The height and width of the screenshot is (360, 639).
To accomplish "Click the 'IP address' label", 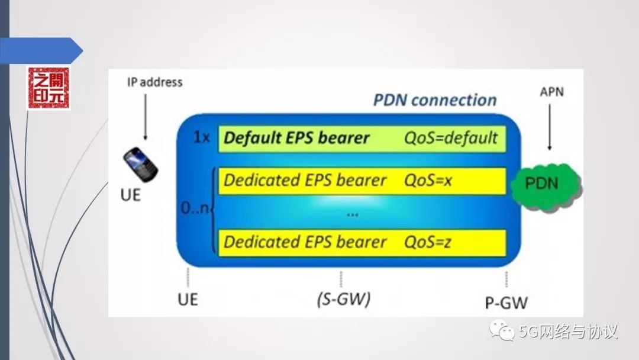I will (x=155, y=82).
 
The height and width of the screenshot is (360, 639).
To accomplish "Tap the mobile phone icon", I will (x=140, y=165).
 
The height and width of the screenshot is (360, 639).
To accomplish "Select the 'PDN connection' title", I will (x=434, y=99).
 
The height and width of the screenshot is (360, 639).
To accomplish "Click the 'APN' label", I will (x=551, y=92).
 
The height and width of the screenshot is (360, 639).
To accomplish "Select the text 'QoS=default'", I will (x=451, y=139).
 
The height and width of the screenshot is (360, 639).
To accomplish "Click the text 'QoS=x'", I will (x=428, y=181).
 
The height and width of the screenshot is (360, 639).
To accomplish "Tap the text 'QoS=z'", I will (x=427, y=242).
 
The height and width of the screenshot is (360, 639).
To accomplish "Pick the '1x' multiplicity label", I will (x=201, y=139).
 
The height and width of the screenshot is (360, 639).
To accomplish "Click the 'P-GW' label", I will (x=506, y=303).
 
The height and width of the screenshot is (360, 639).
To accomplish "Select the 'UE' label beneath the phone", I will (x=130, y=194).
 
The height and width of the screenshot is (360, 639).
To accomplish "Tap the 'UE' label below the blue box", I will (x=188, y=300).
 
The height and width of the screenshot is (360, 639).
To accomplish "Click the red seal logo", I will (x=49, y=88).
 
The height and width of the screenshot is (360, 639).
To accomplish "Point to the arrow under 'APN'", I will (x=550, y=127).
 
